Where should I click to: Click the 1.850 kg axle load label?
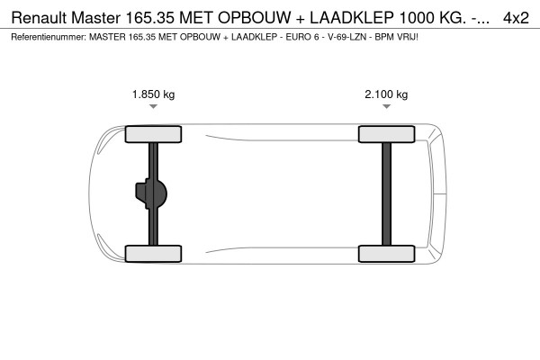[x=154, y=94]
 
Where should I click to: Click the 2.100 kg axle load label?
[x=386, y=94]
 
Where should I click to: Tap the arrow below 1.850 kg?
[x=154, y=107]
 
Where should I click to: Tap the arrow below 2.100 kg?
[x=386, y=107]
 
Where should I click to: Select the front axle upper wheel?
[x=154, y=135]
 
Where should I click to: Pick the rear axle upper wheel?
[x=386, y=135]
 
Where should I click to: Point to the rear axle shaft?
[x=386, y=193]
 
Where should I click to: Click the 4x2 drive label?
[x=516, y=17]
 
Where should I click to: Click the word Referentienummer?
[x=45, y=37]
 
